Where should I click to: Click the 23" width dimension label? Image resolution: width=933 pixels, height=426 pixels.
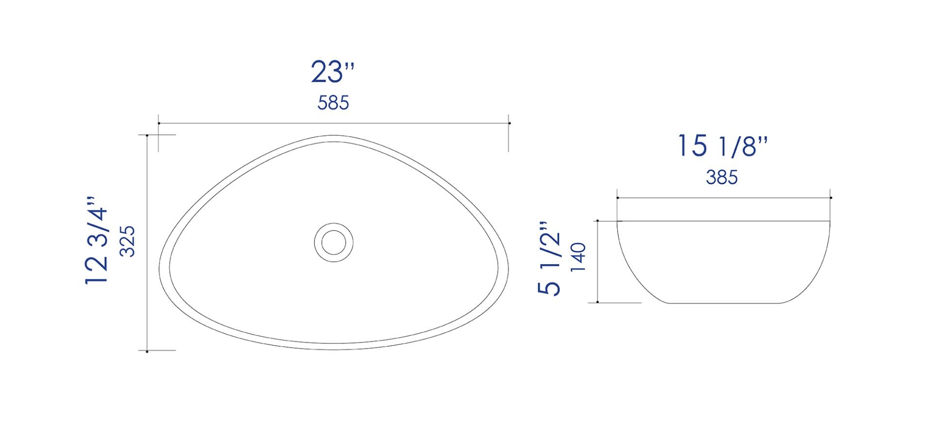point(333,72)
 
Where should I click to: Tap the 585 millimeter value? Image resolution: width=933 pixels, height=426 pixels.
point(333,103)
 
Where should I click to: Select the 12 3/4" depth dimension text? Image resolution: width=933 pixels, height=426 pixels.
point(97,240)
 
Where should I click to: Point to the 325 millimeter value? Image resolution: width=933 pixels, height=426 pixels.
point(127,241)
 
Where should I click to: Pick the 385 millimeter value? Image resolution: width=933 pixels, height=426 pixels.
point(722,177)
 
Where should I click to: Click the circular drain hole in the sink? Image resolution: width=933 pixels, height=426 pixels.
point(333,242)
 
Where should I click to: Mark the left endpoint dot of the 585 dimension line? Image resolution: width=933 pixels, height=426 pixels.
point(159,124)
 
